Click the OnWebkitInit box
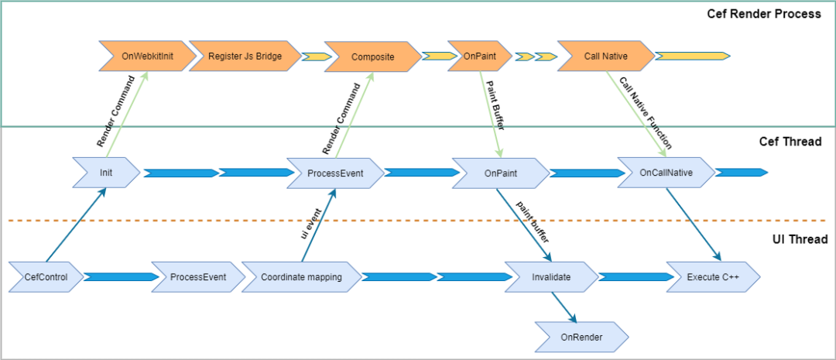[144, 56]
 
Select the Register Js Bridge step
[245, 56]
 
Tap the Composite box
[373, 56]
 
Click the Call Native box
[606, 56]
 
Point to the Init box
[106, 173]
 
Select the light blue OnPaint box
[501, 173]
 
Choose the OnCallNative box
[666, 173]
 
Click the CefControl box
[46, 277]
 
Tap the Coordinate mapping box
[301, 277]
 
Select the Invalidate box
[551, 277]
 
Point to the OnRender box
[581, 337]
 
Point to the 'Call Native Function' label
[645, 112]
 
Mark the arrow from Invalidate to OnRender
[564, 307]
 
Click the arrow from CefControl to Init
[76, 225]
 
